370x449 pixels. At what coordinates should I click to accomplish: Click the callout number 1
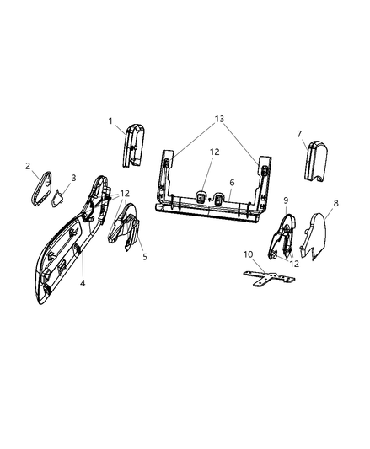click(110, 120)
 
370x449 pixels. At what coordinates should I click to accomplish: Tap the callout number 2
click(28, 166)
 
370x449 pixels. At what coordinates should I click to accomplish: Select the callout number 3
click(73, 178)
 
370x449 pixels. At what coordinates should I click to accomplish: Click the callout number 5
click(144, 255)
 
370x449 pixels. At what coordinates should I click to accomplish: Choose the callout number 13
click(221, 120)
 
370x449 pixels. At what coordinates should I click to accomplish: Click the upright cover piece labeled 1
click(135, 146)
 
